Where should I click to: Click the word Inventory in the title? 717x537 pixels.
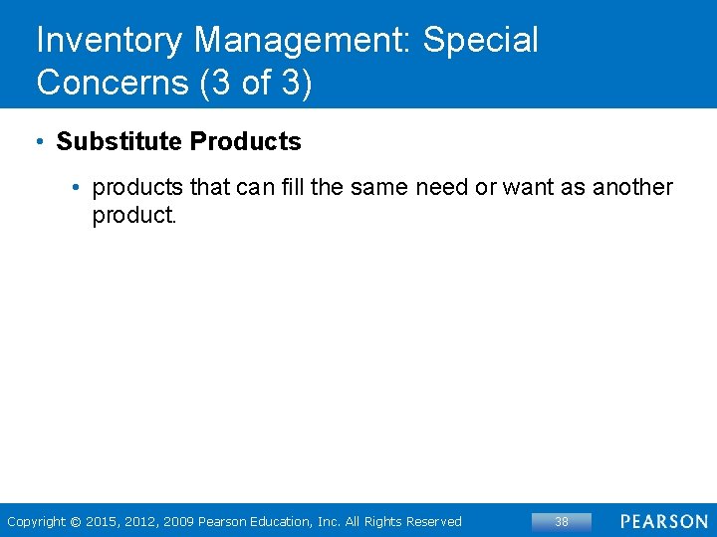pos(110,41)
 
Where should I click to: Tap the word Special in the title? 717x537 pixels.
pos(481,41)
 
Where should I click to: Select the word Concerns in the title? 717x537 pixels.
pos(113,83)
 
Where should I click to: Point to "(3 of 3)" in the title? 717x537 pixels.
pos(256,83)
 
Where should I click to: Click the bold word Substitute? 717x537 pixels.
pos(119,141)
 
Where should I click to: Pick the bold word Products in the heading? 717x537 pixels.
pos(245,141)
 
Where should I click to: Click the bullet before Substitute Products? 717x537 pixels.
pos(38,141)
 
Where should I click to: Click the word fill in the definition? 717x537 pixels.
pos(291,187)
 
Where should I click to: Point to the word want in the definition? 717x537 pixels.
pos(523,187)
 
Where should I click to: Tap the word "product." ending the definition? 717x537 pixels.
pos(133,215)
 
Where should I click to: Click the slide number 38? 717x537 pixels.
pos(562,521)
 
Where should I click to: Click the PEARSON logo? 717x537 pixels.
pos(663,521)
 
